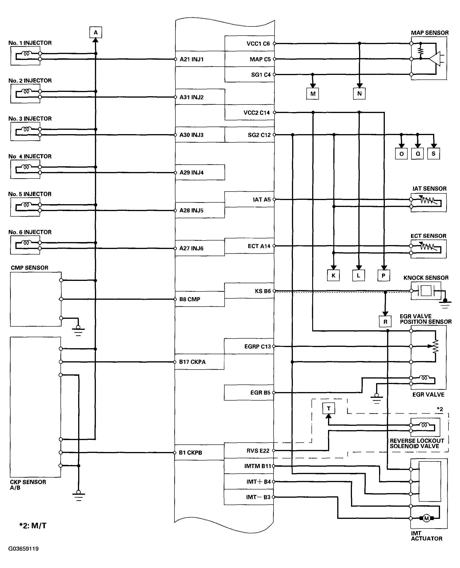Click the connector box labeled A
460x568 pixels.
[x=96, y=33]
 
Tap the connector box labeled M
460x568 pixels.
[x=313, y=94]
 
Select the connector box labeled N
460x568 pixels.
[x=359, y=93]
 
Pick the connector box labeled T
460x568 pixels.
[x=329, y=408]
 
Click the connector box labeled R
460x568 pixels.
[x=385, y=322]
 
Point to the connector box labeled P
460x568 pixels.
[x=383, y=276]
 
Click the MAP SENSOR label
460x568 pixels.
[x=430, y=33]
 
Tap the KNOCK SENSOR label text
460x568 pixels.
[x=426, y=278]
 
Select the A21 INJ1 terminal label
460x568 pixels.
[x=191, y=59]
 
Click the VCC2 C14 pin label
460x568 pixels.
[x=257, y=113]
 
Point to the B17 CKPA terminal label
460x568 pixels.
[x=192, y=362]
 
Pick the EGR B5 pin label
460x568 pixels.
[x=260, y=393]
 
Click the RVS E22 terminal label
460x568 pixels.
[x=258, y=450]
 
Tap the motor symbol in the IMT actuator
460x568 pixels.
[x=426, y=518]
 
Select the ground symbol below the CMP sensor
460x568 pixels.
[x=78, y=331]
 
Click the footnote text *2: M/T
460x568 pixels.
[x=33, y=525]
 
